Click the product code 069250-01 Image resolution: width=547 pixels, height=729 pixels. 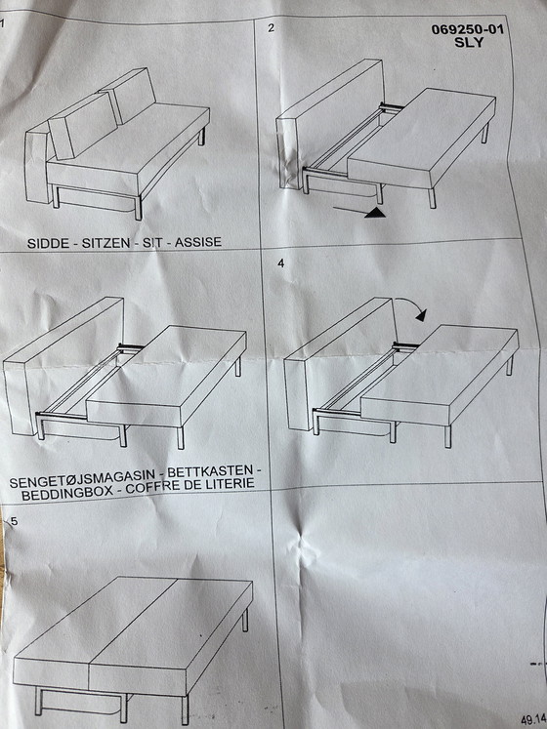[467, 29]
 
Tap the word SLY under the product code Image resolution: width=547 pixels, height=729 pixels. [469, 42]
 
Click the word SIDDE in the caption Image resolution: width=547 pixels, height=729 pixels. [48, 243]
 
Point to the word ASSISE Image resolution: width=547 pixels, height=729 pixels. [198, 242]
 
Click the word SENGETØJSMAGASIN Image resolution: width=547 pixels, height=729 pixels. [82, 480]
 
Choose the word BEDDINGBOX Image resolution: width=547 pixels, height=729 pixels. [67, 494]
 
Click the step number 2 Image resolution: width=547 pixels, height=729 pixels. [272, 28]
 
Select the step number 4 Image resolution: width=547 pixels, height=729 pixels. [280, 263]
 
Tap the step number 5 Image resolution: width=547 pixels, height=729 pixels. [15, 521]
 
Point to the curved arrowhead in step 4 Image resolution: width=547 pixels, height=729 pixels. [421, 315]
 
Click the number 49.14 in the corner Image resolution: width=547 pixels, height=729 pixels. [533, 720]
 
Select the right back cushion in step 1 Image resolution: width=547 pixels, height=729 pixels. [128, 96]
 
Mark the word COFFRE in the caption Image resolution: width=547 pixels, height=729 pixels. [152, 489]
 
